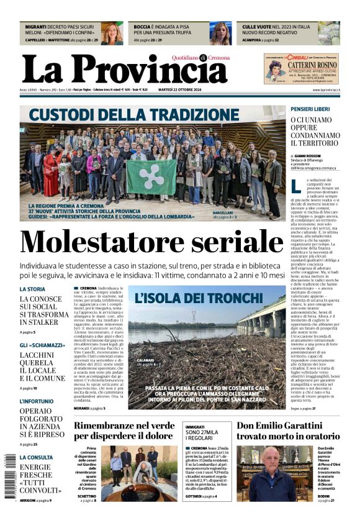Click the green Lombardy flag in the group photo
coord(151,176)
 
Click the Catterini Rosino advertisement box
coord(301,68)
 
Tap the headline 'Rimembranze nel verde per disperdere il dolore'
coord(125,430)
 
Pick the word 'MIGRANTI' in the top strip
coord(37,27)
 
